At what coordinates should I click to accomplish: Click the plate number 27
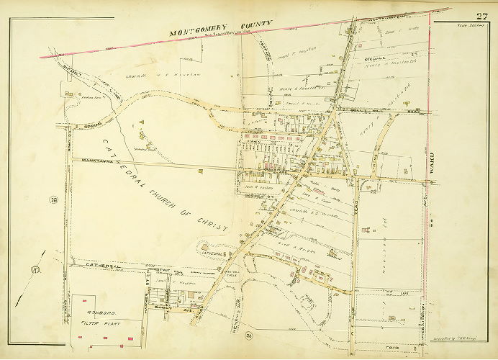pos(479,17)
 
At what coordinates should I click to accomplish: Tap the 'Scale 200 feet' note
pos(479,30)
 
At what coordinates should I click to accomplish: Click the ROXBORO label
pos(96,314)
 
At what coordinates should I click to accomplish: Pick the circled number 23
pos(248,336)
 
